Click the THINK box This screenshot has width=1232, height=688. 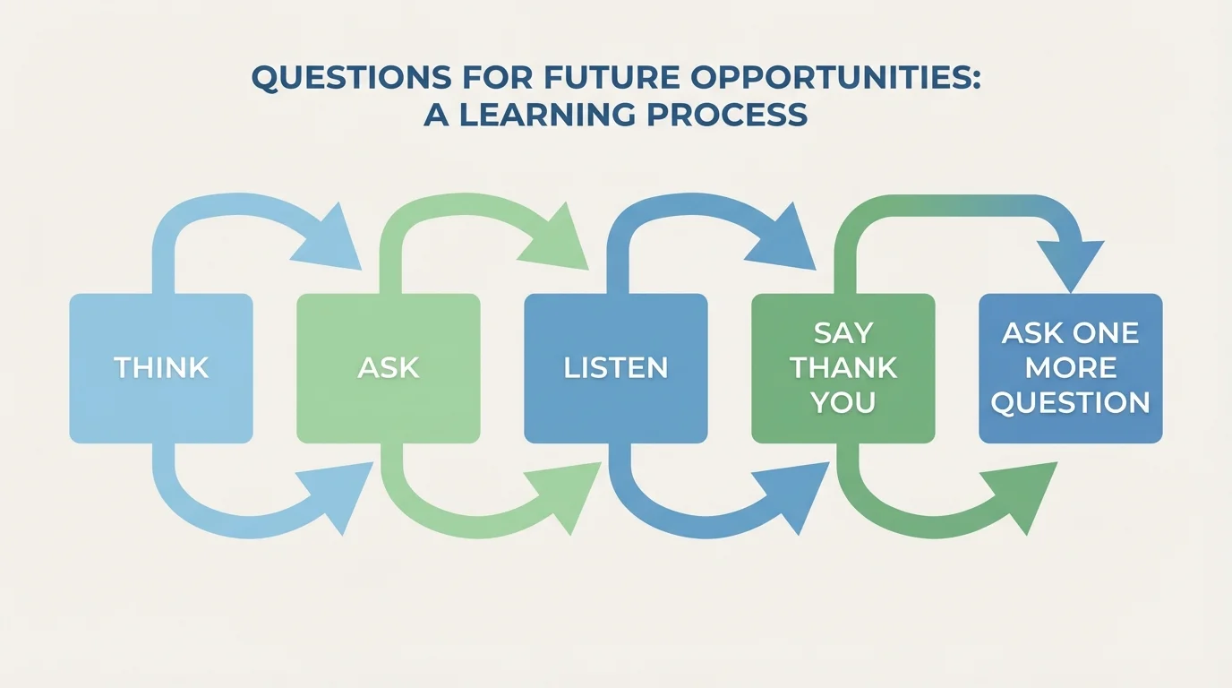click(161, 368)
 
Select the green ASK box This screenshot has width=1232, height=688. click(388, 368)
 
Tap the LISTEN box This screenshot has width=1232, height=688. click(615, 368)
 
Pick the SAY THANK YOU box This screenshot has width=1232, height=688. click(843, 368)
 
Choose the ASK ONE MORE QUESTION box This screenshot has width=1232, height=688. click(1070, 368)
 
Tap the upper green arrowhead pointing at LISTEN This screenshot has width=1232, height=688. click(559, 240)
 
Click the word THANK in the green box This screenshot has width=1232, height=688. click(843, 368)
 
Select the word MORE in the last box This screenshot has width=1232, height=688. click(1070, 368)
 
